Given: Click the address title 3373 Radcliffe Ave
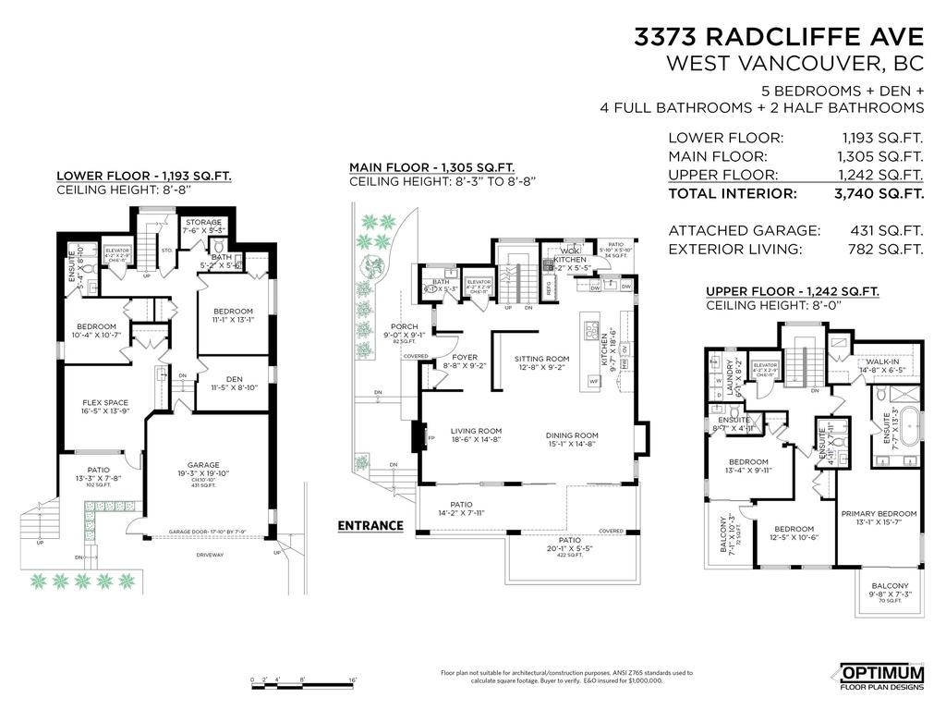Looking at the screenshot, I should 778,37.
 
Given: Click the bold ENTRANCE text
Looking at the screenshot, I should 370,525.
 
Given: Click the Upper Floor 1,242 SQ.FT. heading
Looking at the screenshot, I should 792,290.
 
